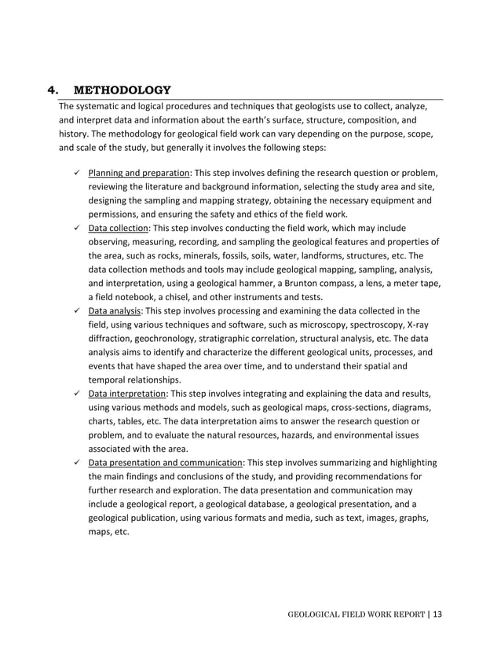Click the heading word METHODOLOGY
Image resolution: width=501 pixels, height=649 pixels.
(127, 90)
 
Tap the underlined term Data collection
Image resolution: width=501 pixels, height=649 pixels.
(118, 227)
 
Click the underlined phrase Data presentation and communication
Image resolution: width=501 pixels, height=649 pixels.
(165, 462)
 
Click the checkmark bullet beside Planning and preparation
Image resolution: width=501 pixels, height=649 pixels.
(73, 173)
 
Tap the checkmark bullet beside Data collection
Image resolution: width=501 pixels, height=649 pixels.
(73, 227)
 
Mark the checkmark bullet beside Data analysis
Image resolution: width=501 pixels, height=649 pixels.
(73, 310)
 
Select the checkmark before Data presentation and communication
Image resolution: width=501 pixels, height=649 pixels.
(73, 462)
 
